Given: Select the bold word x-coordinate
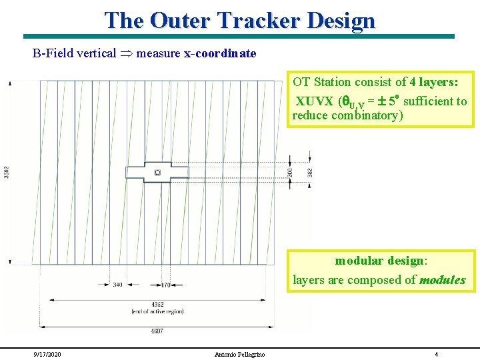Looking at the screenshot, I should tap(220, 53).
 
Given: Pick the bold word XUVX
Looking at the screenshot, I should tap(315, 101).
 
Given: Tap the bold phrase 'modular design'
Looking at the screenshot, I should tap(379, 261).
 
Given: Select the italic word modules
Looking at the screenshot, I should tap(442, 280).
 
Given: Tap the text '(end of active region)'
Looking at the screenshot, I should tap(157, 312).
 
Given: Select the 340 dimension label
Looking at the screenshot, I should tap(118, 285).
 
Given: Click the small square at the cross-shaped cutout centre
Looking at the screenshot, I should tap(157, 173).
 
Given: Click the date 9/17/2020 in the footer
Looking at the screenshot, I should tap(49, 354).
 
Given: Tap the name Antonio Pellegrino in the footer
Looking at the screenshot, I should tap(239, 354).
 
